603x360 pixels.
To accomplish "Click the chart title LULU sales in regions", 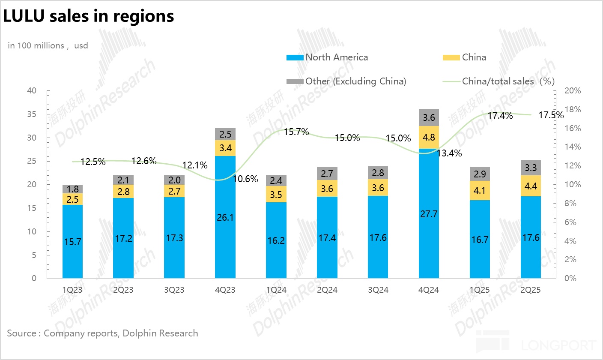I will click(89, 16).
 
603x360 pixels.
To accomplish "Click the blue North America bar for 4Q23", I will click(225, 217).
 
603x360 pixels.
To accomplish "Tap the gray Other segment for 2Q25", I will click(531, 168).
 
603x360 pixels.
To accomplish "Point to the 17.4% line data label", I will click(500, 115).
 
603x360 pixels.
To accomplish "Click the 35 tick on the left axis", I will click(33, 114).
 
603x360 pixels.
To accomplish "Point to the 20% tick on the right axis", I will click(573, 91).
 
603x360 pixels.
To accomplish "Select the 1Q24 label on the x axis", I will click(276, 290).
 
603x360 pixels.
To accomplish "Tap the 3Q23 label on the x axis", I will click(174, 290).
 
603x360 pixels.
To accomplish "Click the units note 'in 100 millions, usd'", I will click(48, 45).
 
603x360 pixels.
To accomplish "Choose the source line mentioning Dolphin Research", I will click(102, 333).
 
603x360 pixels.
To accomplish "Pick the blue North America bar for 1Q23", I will click(73, 241).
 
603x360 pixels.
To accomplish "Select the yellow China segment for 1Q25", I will click(480, 190).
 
